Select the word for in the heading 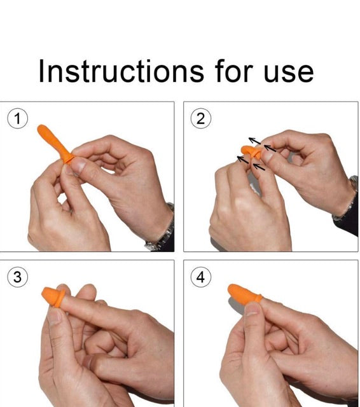click(x=233, y=71)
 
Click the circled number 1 click(x=17, y=119)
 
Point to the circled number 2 click(x=200, y=119)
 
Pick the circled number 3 click(x=17, y=277)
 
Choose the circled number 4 click(x=200, y=277)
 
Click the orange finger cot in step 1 click(x=55, y=143)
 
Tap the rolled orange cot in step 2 click(x=251, y=152)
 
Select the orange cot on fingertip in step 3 click(x=53, y=296)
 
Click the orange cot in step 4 click(x=244, y=294)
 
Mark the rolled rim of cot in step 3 click(x=60, y=298)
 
